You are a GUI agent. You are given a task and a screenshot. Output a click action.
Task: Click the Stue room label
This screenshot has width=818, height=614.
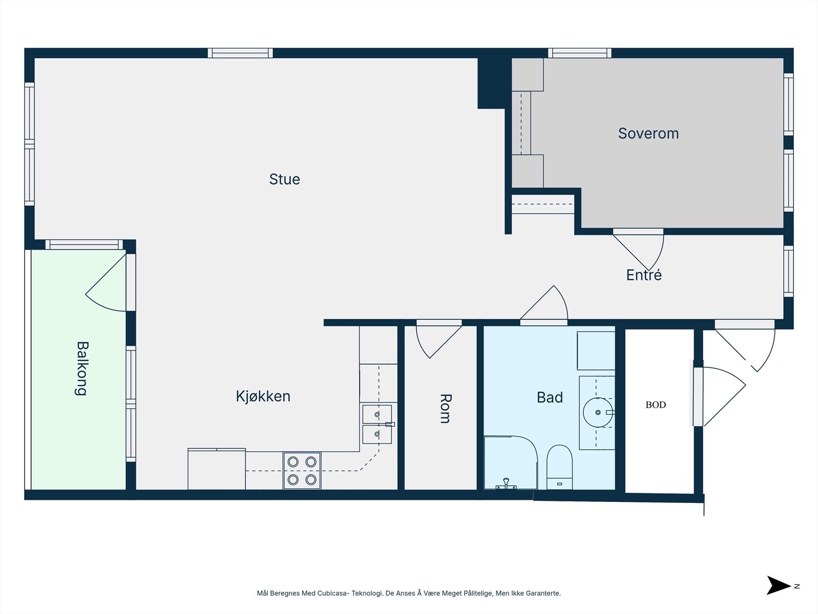(x=284, y=179)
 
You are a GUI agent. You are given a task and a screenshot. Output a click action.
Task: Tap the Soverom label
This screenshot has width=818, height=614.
(x=648, y=134)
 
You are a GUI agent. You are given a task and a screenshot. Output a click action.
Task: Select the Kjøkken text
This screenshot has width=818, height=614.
(x=263, y=396)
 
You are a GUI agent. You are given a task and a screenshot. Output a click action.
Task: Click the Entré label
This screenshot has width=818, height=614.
(x=644, y=275)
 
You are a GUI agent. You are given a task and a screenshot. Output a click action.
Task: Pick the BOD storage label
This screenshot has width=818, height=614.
(x=655, y=405)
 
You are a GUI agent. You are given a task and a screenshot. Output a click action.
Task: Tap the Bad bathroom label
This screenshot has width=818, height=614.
(x=550, y=398)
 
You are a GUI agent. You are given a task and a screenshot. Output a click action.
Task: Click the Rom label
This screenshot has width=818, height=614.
(x=446, y=409)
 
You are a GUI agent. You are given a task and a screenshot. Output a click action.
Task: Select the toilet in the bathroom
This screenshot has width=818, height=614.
(x=559, y=467)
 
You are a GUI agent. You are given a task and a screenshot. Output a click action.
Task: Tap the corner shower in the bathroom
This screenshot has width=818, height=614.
(x=511, y=462)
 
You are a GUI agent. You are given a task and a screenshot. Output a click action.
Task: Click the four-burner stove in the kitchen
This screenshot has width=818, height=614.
(x=302, y=470)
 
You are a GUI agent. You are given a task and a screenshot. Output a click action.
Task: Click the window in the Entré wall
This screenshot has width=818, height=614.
(x=788, y=271)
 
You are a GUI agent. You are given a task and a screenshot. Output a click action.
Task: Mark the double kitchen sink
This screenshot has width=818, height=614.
(x=377, y=424)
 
